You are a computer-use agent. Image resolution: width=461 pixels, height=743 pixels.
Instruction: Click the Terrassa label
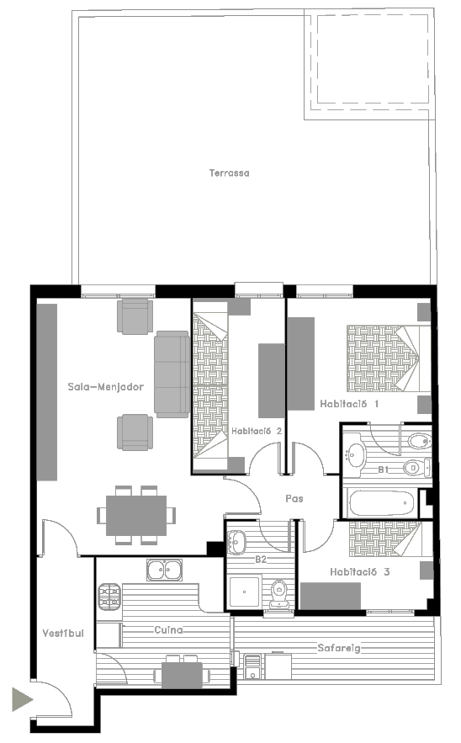230,173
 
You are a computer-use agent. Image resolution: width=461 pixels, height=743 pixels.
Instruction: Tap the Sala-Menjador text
105,387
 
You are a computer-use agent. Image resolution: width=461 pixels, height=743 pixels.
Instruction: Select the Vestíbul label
62,633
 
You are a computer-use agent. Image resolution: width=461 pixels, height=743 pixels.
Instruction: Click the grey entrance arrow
22,699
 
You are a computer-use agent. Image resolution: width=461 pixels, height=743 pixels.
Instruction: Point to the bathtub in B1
381,503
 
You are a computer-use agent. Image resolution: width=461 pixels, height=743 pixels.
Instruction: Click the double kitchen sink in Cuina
164,570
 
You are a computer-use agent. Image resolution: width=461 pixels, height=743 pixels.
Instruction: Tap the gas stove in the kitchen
110,597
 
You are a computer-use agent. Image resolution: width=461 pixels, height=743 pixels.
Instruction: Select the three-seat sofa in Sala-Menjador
172,374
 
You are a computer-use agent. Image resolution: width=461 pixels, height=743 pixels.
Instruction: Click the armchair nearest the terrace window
135,316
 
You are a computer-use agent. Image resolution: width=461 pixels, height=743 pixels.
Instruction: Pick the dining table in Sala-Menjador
136,516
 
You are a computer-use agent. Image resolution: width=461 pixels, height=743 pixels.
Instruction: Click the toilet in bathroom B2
279,595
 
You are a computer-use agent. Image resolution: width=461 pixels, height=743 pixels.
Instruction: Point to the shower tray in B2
245,592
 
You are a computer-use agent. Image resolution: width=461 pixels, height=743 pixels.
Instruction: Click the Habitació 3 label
359,572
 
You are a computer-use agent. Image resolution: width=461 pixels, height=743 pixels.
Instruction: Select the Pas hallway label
294,498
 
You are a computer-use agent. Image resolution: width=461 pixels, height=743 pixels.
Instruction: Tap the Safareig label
339,648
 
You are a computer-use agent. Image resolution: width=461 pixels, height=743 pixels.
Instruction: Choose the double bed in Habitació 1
389,358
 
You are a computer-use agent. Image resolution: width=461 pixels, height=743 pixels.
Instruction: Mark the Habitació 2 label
257,431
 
